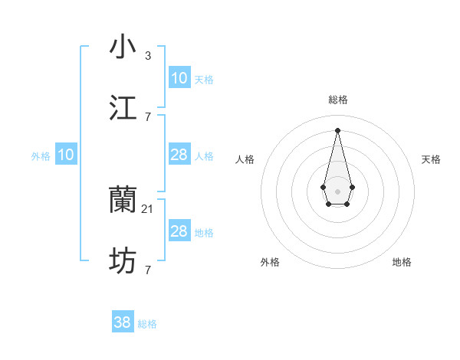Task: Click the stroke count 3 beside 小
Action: tap(148, 55)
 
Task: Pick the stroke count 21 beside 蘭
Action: tap(149, 208)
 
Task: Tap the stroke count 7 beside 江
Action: tap(148, 116)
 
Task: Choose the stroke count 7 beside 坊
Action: tap(148, 270)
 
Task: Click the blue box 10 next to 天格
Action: tap(179, 78)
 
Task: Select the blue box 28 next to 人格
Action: tap(179, 155)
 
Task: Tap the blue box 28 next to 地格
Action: tap(179, 231)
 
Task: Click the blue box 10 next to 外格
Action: tap(66, 155)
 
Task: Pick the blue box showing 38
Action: tap(123, 322)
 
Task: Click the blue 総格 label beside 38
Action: tap(147, 324)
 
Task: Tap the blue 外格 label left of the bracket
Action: tap(41, 156)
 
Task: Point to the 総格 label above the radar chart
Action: tap(337, 100)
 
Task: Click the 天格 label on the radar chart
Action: tap(431, 159)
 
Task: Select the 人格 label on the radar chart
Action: tap(245, 159)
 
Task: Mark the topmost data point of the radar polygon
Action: tap(337, 129)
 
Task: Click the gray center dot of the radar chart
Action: tap(337, 190)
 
